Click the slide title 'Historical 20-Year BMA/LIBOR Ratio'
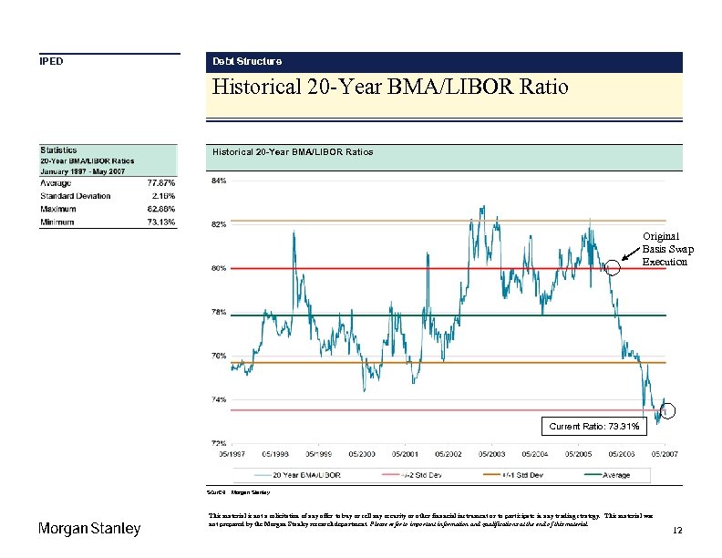(389, 88)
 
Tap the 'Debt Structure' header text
(247, 61)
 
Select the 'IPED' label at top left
(51, 62)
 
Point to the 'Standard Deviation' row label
(76, 196)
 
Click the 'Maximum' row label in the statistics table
(59, 209)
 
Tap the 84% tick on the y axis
(219, 181)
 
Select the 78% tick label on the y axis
(219, 312)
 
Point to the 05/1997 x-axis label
(231, 453)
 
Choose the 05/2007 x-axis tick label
(663, 453)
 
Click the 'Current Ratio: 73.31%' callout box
(594, 426)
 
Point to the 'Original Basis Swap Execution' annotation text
(667, 249)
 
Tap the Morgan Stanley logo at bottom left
(89, 529)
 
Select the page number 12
(676, 530)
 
